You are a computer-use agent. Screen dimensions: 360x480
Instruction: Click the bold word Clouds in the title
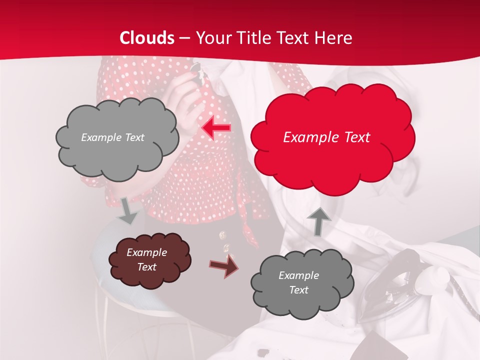(x=147, y=38)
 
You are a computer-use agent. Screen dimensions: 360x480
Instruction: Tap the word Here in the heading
(x=334, y=38)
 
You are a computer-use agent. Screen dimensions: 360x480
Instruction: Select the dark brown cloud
(x=149, y=259)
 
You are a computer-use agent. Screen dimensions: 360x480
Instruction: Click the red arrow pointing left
(x=216, y=128)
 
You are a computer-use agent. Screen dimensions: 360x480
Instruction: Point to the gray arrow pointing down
(x=128, y=209)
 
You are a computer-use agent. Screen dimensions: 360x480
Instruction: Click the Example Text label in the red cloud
(x=326, y=137)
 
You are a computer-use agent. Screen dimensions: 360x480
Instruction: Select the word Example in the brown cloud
(x=146, y=252)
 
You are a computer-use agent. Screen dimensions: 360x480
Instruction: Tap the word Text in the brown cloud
(x=147, y=267)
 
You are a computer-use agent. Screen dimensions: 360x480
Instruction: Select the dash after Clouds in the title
(x=185, y=38)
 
